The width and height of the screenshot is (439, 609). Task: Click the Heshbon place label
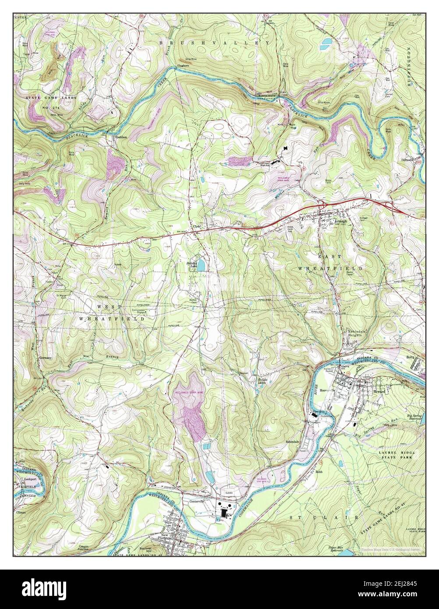point(120,137)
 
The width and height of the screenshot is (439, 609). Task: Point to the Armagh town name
point(341,222)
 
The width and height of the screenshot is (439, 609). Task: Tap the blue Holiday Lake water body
point(201,266)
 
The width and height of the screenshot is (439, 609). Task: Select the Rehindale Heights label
point(357,333)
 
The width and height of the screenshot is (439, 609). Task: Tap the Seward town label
point(379,391)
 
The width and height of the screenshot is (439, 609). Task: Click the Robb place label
point(319,472)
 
